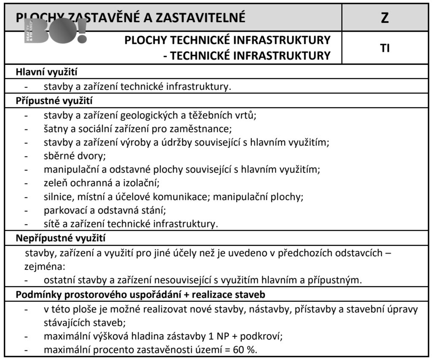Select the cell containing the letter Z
(x=384, y=18)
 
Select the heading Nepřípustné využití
(x=61, y=238)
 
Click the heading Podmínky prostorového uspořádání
(x=140, y=294)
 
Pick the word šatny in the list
(x=55, y=128)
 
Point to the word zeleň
(x=55, y=183)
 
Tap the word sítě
(x=51, y=224)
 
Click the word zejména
(x=42, y=266)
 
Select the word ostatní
(x=59, y=280)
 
